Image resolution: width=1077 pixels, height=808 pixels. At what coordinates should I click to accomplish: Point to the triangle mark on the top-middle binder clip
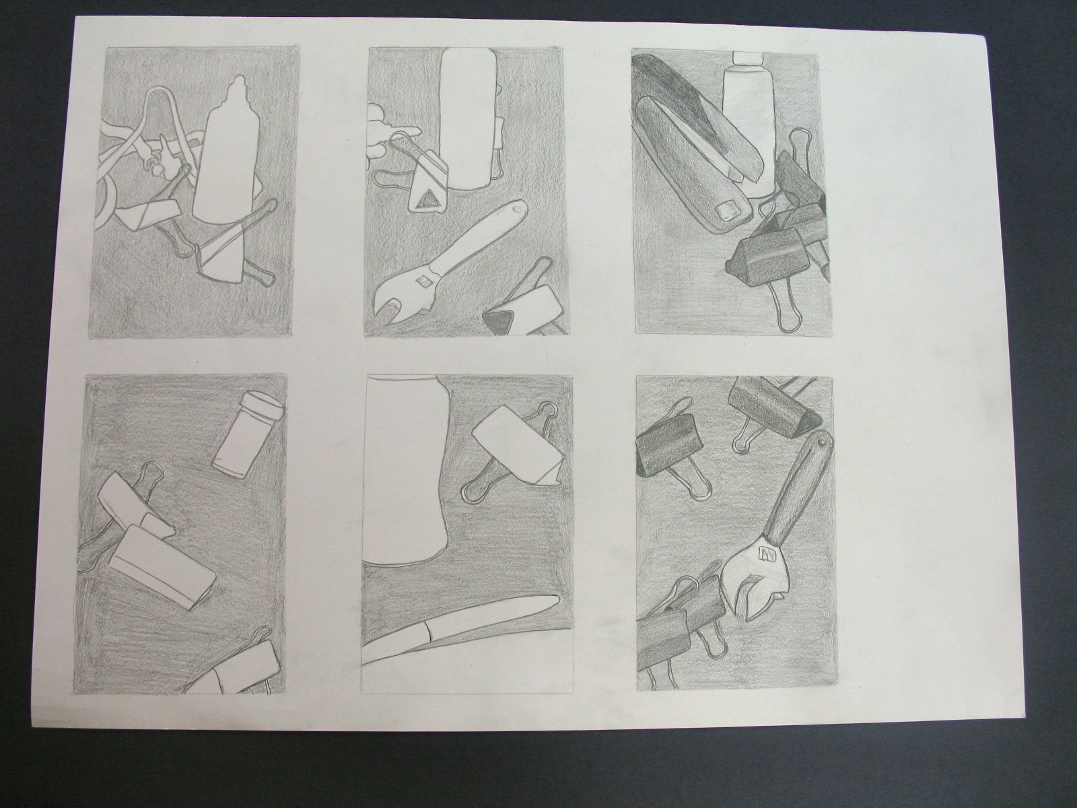click(x=426, y=199)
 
